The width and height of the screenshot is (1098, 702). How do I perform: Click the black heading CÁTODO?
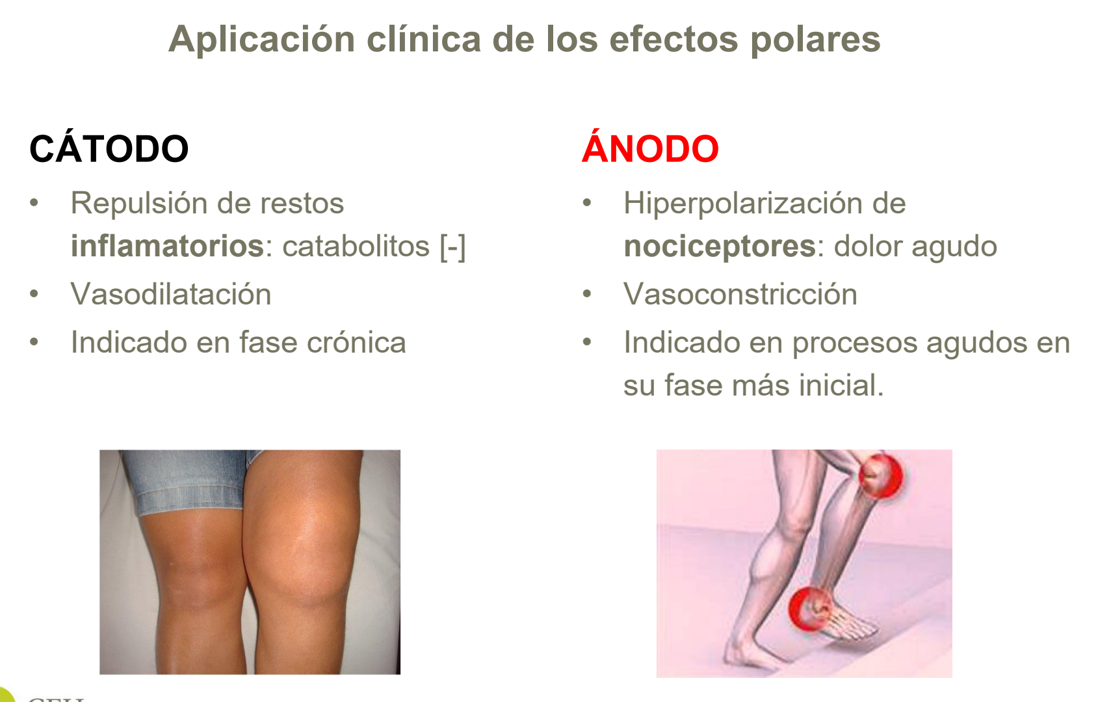pos(109,149)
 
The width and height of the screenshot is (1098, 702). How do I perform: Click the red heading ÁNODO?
pos(650,149)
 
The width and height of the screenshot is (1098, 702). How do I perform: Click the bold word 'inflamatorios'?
pos(167,247)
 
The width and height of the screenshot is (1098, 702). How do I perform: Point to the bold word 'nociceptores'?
pos(720,247)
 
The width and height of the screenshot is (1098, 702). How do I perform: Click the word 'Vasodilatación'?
pos(171,294)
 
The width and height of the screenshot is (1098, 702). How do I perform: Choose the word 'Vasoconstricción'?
pos(740,294)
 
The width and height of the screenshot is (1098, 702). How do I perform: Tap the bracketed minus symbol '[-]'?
pos(453,247)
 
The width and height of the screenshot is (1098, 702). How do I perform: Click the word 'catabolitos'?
pos(356,247)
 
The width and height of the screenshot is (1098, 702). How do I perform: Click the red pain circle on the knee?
pos(880,475)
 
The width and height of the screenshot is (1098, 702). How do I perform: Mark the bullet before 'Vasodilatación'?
pos(34,294)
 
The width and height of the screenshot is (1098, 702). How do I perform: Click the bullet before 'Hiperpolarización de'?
pos(587,203)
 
